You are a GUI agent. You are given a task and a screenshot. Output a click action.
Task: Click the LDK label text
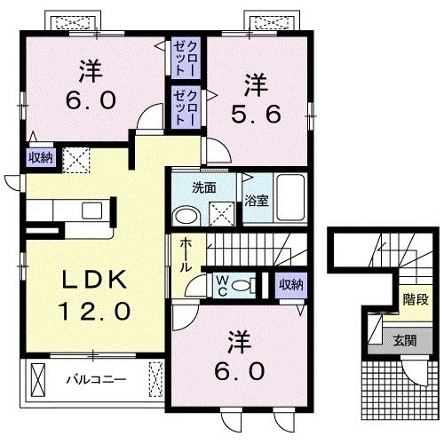coord(94,280)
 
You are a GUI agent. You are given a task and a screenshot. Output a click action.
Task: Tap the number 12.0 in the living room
coord(94,311)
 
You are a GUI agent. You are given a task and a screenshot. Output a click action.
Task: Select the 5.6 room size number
coord(256,115)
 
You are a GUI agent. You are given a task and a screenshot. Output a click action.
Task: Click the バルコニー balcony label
coord(96,379)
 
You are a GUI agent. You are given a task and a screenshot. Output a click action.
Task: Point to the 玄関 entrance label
coord(405,340)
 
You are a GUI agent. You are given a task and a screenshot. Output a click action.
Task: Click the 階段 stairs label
coord(416,300)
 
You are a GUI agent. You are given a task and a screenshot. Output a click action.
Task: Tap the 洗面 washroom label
coord(204,188)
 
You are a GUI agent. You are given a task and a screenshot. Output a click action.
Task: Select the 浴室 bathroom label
coord(257,201)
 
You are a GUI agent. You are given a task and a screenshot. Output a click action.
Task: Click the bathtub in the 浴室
coord(290,197)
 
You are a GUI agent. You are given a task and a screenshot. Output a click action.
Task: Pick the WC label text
coord(222,286)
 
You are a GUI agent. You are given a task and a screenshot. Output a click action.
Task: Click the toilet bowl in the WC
coord(241,286)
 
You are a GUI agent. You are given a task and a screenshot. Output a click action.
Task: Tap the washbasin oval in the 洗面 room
coord(186,216)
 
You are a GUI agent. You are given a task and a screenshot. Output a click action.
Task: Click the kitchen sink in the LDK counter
coord(92,210)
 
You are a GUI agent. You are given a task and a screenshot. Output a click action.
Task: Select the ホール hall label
coord(185,255)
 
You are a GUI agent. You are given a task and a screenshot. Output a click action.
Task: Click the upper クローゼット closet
coord(186,58)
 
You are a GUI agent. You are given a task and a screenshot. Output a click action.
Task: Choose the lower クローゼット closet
coord(186,107)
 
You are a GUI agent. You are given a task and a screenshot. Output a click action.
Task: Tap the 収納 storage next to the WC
coord(291,285)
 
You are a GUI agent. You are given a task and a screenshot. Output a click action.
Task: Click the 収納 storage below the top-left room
coord(41,157)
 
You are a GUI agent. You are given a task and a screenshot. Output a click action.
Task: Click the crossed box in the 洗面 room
coord(222,214)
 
